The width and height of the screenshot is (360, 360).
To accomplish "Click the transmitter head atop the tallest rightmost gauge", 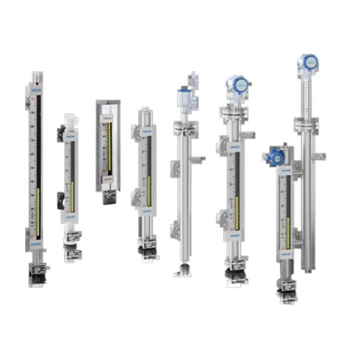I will (308, 62).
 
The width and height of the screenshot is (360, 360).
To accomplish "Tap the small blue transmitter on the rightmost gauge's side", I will (275, 157).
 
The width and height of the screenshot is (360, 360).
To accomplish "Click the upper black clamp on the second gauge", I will (61, 133).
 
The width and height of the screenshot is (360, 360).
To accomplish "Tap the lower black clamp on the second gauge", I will (61, 200).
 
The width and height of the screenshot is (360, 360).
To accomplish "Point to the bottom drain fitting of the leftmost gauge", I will (38, 273).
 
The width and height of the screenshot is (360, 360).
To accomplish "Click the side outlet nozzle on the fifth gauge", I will (198, 159).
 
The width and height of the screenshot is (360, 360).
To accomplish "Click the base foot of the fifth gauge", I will (183, 273).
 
